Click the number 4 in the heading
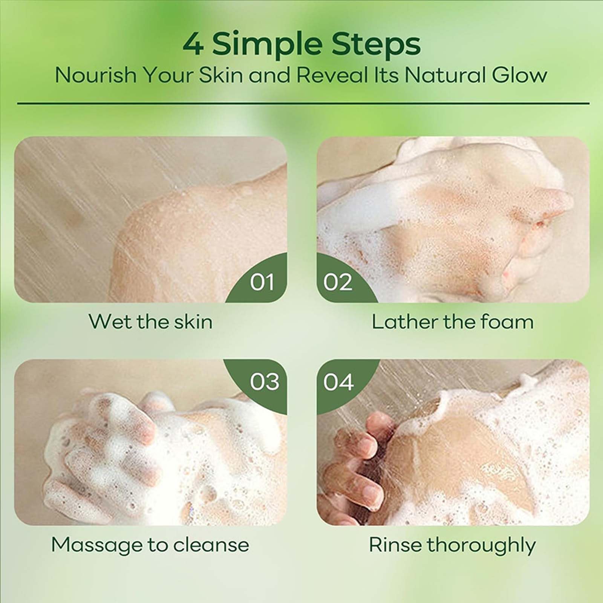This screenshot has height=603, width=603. (194, 45)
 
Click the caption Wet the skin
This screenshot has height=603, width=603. (150, 322)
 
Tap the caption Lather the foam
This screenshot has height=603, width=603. (453, 322)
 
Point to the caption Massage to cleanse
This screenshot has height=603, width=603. (150, 545)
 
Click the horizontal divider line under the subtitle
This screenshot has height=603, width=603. (303, 103)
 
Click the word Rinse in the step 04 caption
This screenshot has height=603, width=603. (394, 545)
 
